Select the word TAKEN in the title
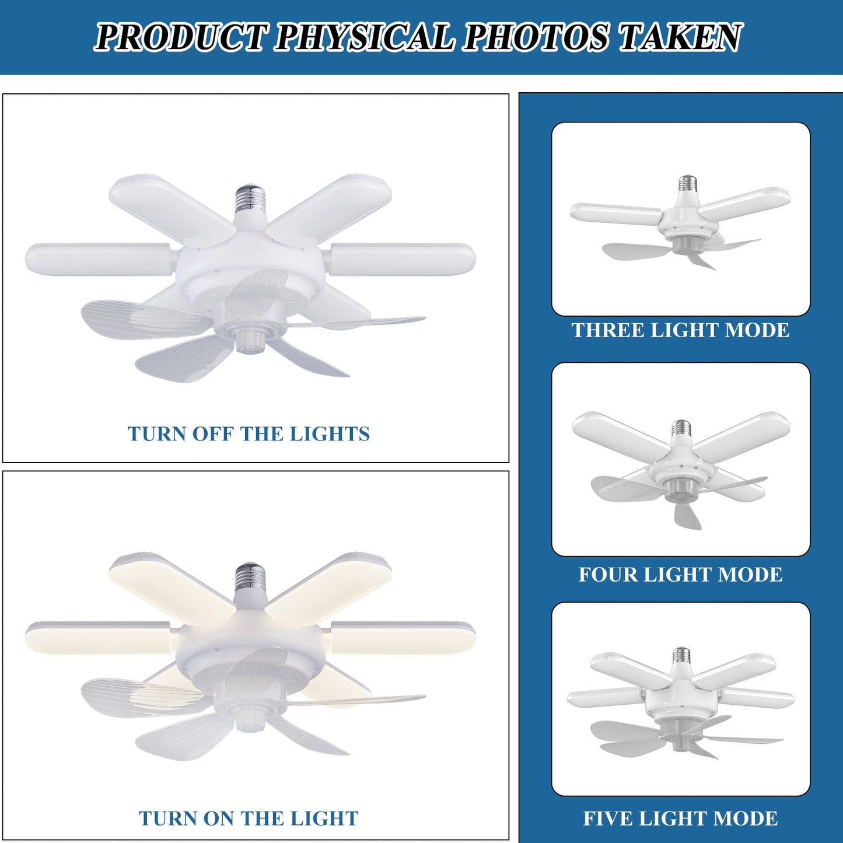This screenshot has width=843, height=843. coord(680,37)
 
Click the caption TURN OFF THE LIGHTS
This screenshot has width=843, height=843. coord(249,434)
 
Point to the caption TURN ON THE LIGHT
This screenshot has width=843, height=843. coord(249,818)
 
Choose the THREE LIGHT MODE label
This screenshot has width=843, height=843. coord(680,330)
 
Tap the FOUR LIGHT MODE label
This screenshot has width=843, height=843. coord(680,575)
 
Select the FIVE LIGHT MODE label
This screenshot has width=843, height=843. coord(680,818)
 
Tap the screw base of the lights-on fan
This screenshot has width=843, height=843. coord(251,578)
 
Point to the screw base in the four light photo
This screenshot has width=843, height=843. coord(681,428)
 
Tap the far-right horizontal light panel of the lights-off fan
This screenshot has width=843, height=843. coord(403,258)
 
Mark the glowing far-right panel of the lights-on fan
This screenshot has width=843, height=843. coord(403,637)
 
